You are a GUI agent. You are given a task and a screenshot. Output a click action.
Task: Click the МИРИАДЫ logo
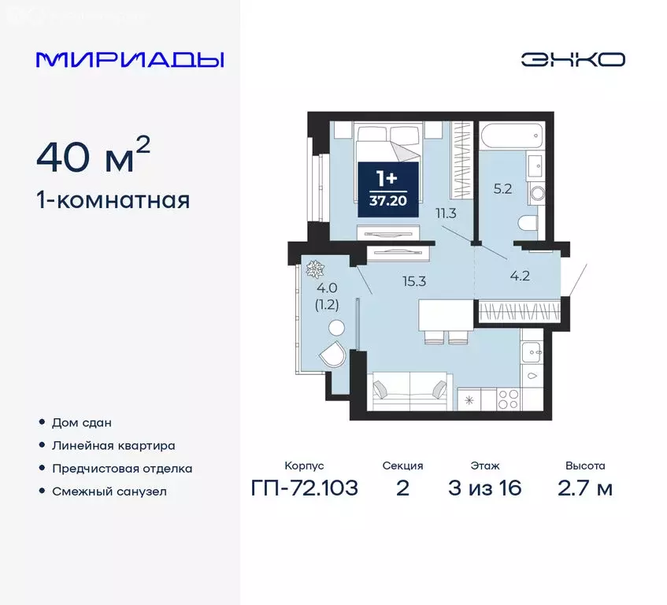pos(130,59)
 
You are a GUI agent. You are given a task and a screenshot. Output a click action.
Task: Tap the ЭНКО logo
pos(573,59)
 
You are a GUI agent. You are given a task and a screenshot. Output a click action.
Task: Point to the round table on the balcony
pos(336,328)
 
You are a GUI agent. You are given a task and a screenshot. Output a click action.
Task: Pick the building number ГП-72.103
pos(304,488)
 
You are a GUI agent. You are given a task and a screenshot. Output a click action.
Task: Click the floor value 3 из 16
pos(485,488)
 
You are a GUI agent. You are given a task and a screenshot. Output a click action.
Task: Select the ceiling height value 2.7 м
pos(584,488)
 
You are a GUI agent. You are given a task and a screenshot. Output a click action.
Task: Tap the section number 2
pos(402,488)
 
